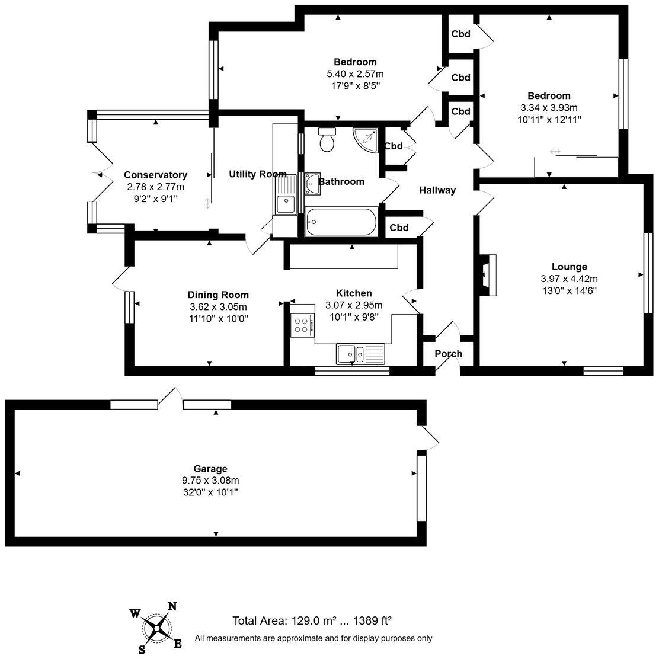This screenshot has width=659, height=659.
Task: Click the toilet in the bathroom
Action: click(327, 139)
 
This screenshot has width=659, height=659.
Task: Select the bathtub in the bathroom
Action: click(341, 222)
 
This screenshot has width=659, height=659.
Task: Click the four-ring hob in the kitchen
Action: click(302, 325)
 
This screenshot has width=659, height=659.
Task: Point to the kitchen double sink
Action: click(360, 353)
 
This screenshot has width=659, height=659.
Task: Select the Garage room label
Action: click(210, 469)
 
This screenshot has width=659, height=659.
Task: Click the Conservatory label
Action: click(155, 175)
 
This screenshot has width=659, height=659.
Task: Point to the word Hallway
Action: click(437, 190)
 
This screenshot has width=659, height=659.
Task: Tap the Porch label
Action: click(449, 354)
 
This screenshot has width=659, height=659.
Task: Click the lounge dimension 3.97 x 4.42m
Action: click(570, 279)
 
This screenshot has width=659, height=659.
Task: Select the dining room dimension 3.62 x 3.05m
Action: click(218, 307)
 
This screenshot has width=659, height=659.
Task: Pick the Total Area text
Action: click(312, 620)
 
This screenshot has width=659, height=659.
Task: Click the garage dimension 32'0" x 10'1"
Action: click(210, 492)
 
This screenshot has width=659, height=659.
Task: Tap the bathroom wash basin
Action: click(312, 184)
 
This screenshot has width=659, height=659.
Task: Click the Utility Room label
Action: click(258, 174)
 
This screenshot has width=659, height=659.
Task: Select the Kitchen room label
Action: click(354, 293)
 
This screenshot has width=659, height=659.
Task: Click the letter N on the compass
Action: click(172, 606)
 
